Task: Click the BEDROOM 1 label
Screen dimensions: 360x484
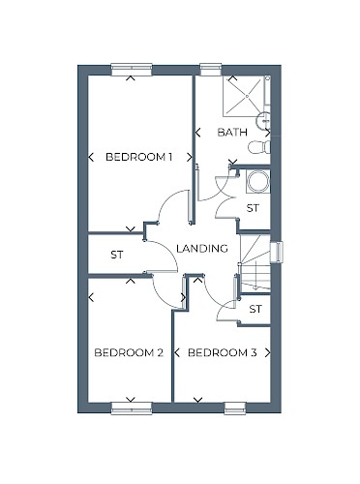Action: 138,157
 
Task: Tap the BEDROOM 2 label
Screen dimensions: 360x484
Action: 129,352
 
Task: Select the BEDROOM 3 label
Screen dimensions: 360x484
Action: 222,352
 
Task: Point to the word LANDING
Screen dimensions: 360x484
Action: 202,248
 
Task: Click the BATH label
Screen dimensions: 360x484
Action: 232,133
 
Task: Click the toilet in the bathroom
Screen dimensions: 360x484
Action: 259,147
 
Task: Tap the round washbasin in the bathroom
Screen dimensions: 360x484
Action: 263,120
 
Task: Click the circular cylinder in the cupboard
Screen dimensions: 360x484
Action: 257,182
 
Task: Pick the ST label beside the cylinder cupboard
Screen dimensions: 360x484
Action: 253,208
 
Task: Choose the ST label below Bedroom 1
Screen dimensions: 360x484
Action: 117,255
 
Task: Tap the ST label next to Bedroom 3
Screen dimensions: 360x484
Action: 255,309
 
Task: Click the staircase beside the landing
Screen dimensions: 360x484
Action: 255,262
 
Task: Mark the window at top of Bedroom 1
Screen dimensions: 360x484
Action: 132,70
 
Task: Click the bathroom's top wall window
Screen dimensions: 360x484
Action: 211,70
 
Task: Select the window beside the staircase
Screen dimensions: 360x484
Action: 277,252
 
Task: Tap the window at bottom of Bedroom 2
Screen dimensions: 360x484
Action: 132,408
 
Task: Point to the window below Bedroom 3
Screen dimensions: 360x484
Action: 235,408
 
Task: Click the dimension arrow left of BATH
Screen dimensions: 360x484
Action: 197,133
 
